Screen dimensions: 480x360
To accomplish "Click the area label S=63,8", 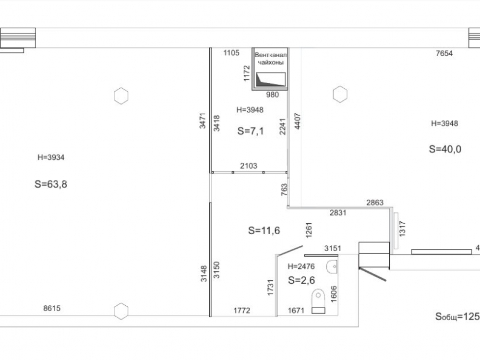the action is (51, 184).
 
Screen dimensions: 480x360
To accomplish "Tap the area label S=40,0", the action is (445, 149).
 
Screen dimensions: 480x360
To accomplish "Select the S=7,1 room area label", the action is (251, 131).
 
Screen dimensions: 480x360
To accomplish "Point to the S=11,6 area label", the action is (264, 230).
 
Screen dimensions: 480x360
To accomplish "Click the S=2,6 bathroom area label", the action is (301, 280).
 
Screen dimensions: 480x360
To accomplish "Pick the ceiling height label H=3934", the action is (51, 157).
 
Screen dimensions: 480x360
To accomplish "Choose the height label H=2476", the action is (301, 266).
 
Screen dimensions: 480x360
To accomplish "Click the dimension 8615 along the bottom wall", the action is (52, 308).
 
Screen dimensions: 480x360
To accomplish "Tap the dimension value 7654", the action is (444, 53).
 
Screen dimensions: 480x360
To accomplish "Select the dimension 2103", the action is (249, 166).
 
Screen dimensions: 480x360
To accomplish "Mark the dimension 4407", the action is (297, 121).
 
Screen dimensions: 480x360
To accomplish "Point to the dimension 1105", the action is (231, 53).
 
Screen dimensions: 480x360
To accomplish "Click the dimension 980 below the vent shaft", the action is (273, 95).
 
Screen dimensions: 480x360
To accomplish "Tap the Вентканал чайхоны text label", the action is (271, 59).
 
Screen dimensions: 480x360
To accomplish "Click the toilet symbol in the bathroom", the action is (318, 301).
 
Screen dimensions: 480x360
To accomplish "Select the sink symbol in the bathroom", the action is (332, 266).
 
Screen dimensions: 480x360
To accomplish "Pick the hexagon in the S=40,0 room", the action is (340, 94).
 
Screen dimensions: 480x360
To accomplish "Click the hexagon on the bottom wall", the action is (121, 312).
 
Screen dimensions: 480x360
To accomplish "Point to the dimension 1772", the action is (242, 311).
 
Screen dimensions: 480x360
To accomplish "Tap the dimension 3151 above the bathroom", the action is (333, 248).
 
